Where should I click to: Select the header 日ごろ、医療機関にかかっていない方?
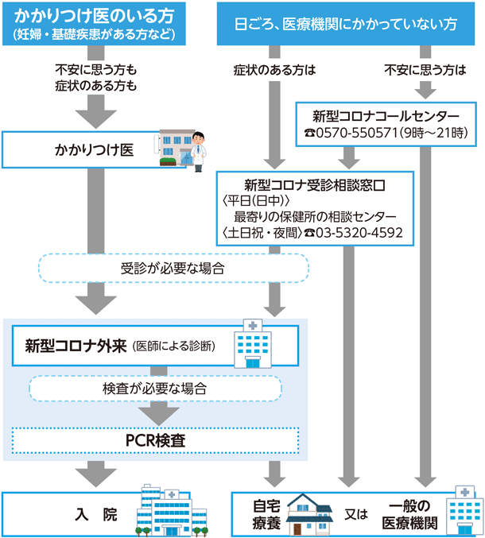click(x=349, y=24)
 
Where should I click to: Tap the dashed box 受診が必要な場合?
click(x=173, y=268)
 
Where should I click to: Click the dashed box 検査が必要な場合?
click(x=155, y=389)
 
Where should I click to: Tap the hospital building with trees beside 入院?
click(x=168, y=509)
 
